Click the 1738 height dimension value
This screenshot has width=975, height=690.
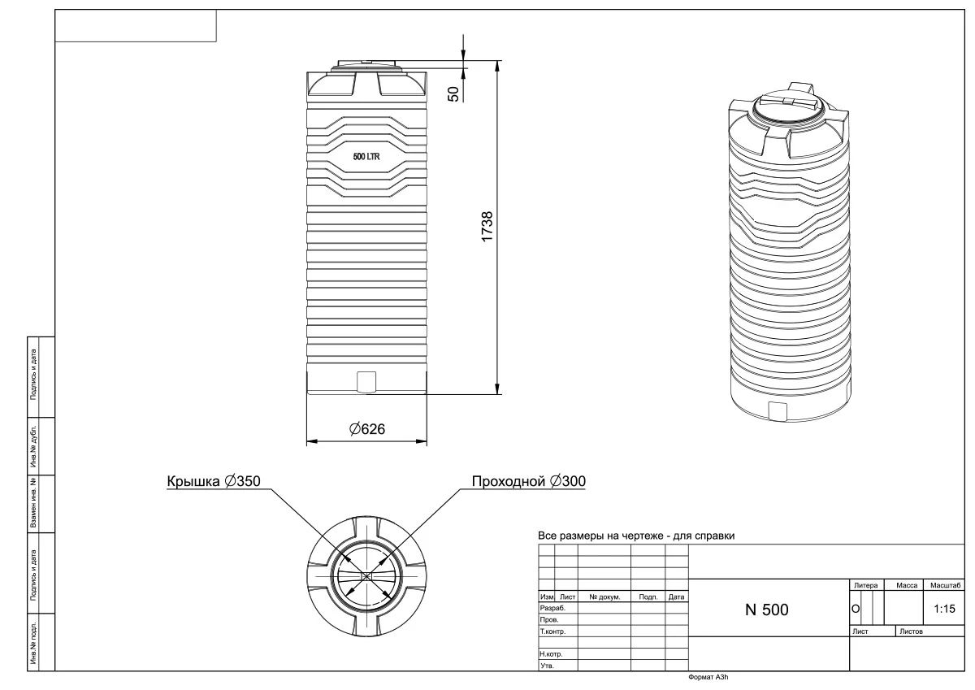pos(487,227)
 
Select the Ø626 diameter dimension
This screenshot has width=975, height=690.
pos(366,428)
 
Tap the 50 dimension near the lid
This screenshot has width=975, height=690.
pos(454,93)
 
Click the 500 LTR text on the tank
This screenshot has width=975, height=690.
pos(366,157)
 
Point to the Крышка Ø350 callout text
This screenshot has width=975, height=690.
pos(214,482)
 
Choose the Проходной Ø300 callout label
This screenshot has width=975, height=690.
pos(529,482)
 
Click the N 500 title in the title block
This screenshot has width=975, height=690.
pos(766,610)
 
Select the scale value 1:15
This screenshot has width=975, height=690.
pos(944,608)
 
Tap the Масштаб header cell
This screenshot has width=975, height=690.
pos(945,585)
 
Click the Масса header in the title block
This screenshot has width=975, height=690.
pos(907,585)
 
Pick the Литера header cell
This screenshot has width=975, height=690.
pos(866,585)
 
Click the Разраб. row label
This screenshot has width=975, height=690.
pos(552,608)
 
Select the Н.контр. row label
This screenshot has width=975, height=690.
pos(552,653)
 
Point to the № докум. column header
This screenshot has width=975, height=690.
pos(604,597)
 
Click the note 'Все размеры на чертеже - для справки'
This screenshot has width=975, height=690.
pos(636,536)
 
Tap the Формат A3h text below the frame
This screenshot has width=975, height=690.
pos(709,677)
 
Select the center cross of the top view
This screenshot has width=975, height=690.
pos(366,575)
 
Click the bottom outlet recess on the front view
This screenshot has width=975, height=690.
pos(366,380)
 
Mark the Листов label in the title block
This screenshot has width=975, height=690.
pos(910,631)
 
